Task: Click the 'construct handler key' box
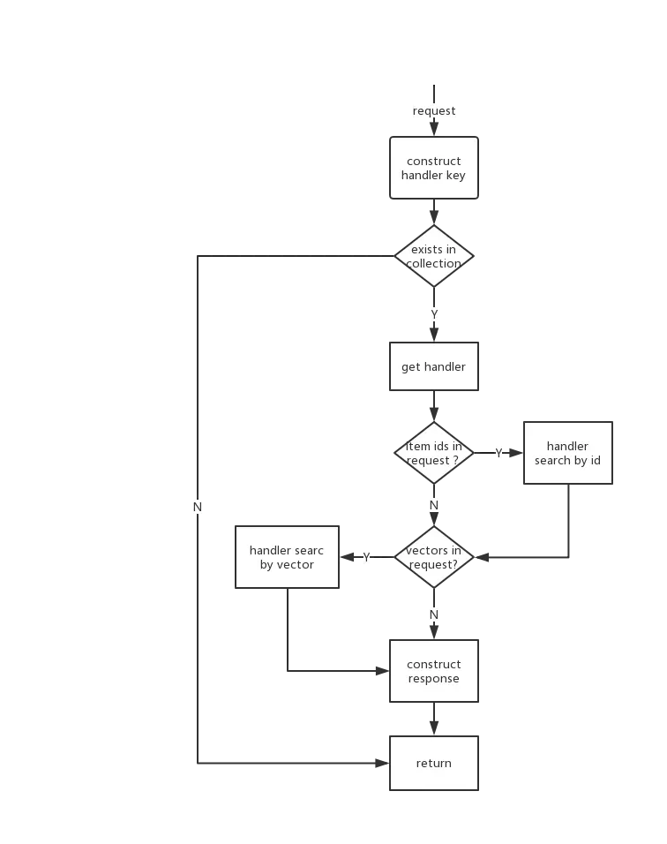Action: tap(433, 168)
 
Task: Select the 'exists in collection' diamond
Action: tap(433, 256)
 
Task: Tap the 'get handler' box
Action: tap(433, 366)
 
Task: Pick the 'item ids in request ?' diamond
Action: tap(433, 453)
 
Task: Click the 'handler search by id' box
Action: tap(567, 453)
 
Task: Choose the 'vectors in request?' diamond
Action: tap(433, 557)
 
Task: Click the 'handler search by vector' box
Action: tap(287, 557)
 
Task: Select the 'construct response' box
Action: tap(433, 671)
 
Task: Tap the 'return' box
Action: tap(433, 763)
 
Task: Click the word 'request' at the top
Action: tap(433, 111)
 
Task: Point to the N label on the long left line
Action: tap(198, 507)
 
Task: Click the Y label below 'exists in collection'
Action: tap(434, 313)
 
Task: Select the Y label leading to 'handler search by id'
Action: tap(498, 453)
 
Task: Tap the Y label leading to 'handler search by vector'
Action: tap(366, 557)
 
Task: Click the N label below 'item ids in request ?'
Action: tap(434, 506)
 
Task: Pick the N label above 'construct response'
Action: tap(434, 614)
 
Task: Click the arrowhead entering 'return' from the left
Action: tap(382, 763)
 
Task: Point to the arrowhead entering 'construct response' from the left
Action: tap(382, 671)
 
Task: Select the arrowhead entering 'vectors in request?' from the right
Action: tap(482, 557)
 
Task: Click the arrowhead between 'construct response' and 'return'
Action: tap(434, 728)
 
